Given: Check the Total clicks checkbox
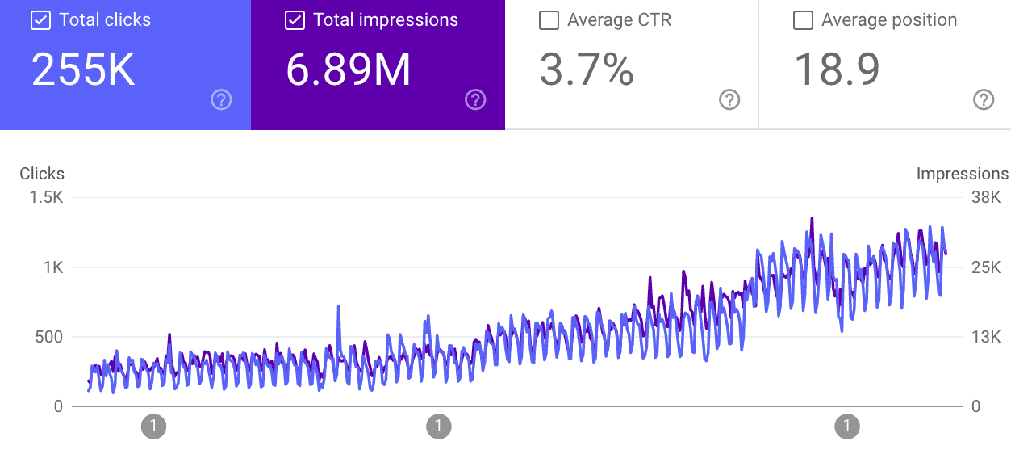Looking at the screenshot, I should click(40, 21).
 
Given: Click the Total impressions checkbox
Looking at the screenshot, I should click(295, 21).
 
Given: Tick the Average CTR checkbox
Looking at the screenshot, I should click(549, 21).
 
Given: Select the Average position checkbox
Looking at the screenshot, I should click(803, 21).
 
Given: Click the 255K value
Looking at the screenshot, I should click(83, 70).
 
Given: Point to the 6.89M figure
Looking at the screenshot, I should click(349, 70).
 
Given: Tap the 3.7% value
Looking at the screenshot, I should click(587, 70).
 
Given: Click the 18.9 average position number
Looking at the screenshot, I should click(837, 70).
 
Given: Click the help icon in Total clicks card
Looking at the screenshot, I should click(221, 100).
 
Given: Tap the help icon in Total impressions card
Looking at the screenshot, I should click(475, 100).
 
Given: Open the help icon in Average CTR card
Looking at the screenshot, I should click(729, 100).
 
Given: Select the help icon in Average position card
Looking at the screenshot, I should click(984, 100).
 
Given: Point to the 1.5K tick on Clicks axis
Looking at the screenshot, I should click(46, 198).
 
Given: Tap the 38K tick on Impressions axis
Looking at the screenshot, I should click(985, 198).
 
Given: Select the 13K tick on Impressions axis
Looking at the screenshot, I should click(985, 337).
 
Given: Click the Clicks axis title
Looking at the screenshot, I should click(42, 174).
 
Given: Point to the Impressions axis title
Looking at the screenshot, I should click(963, 174).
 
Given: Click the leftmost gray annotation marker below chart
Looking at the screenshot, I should click(153, 426).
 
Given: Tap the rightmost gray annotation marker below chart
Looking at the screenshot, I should click(847, 426).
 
